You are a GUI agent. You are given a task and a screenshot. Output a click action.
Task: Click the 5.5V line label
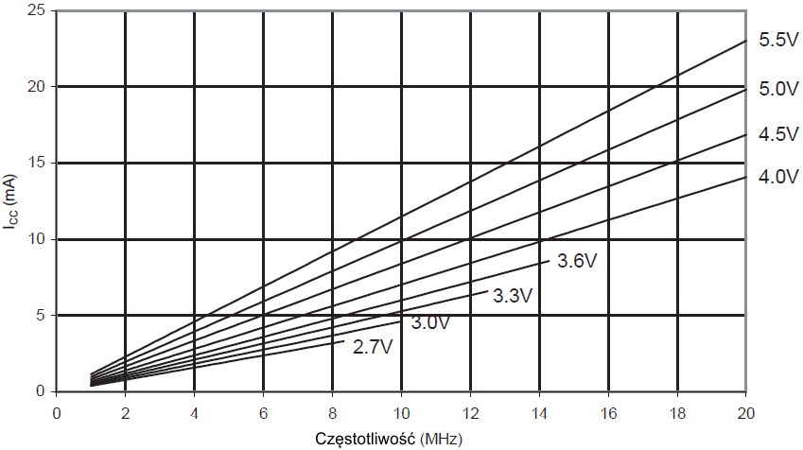click(x=779, y=41)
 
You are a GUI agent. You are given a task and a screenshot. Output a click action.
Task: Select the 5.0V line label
click(x=779, y=90)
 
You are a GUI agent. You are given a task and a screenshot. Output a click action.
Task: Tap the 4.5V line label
click(x=779, y=134)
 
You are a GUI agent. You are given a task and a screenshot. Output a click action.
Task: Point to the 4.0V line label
click(x=779, y=177)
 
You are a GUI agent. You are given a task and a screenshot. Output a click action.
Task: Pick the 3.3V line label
click(x=514, y=296)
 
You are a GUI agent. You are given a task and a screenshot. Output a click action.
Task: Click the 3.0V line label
click(x=430, y=322)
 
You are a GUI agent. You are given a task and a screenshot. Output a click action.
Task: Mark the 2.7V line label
click(x=372, y=347)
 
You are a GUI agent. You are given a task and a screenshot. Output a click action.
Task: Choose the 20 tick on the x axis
click(x=746, y=413)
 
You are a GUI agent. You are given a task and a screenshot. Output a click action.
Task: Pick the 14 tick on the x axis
click(x=539, y=413)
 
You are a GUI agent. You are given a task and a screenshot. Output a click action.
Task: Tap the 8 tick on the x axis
click(x=332, y=413)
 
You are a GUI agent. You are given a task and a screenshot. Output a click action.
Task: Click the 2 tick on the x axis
click(x=125, y=413)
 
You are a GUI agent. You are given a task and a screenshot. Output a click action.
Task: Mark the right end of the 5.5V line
click(x=746, y=41)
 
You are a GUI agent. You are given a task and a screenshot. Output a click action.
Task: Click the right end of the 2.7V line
click(x=343, y=342)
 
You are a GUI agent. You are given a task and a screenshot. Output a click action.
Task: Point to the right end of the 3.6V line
click(x=550, y=257)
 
